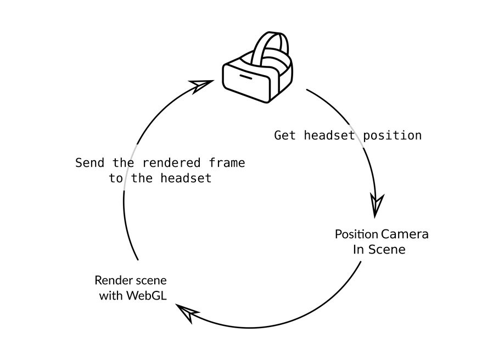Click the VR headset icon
[257, 69]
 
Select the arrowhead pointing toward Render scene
[189, 314]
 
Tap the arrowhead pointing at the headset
[202, 85]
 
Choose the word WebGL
[147, 295]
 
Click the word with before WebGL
[111, 295]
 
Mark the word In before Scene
[359, 250]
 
